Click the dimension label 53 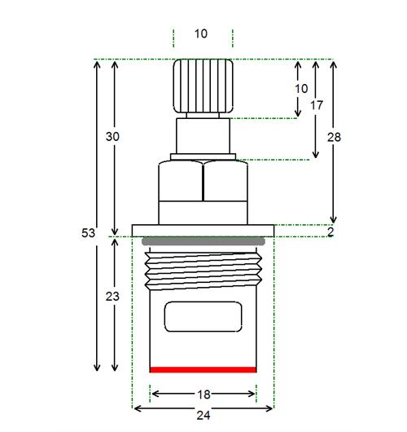[x=88, y=233]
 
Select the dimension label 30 [x=112, y=137]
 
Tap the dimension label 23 [x=112, y=297]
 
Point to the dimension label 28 [x=334, y=137]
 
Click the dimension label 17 [x=317, y=105]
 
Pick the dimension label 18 [x=204, y=395]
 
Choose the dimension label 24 [x=203, y=415]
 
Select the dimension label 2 [x=330, y=231]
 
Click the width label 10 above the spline [x=201, y=34]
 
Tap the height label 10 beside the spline [x=302, y=89]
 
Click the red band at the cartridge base [x=203, y=369]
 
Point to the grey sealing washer [x=203, y=241]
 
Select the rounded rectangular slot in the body [x=203, y=316]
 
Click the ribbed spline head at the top [x=203, y=86]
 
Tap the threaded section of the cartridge [x=203, y=271]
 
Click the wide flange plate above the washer [x=203, y=231]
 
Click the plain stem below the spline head [x=203, y=136]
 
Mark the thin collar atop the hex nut [x=203, y=156]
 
